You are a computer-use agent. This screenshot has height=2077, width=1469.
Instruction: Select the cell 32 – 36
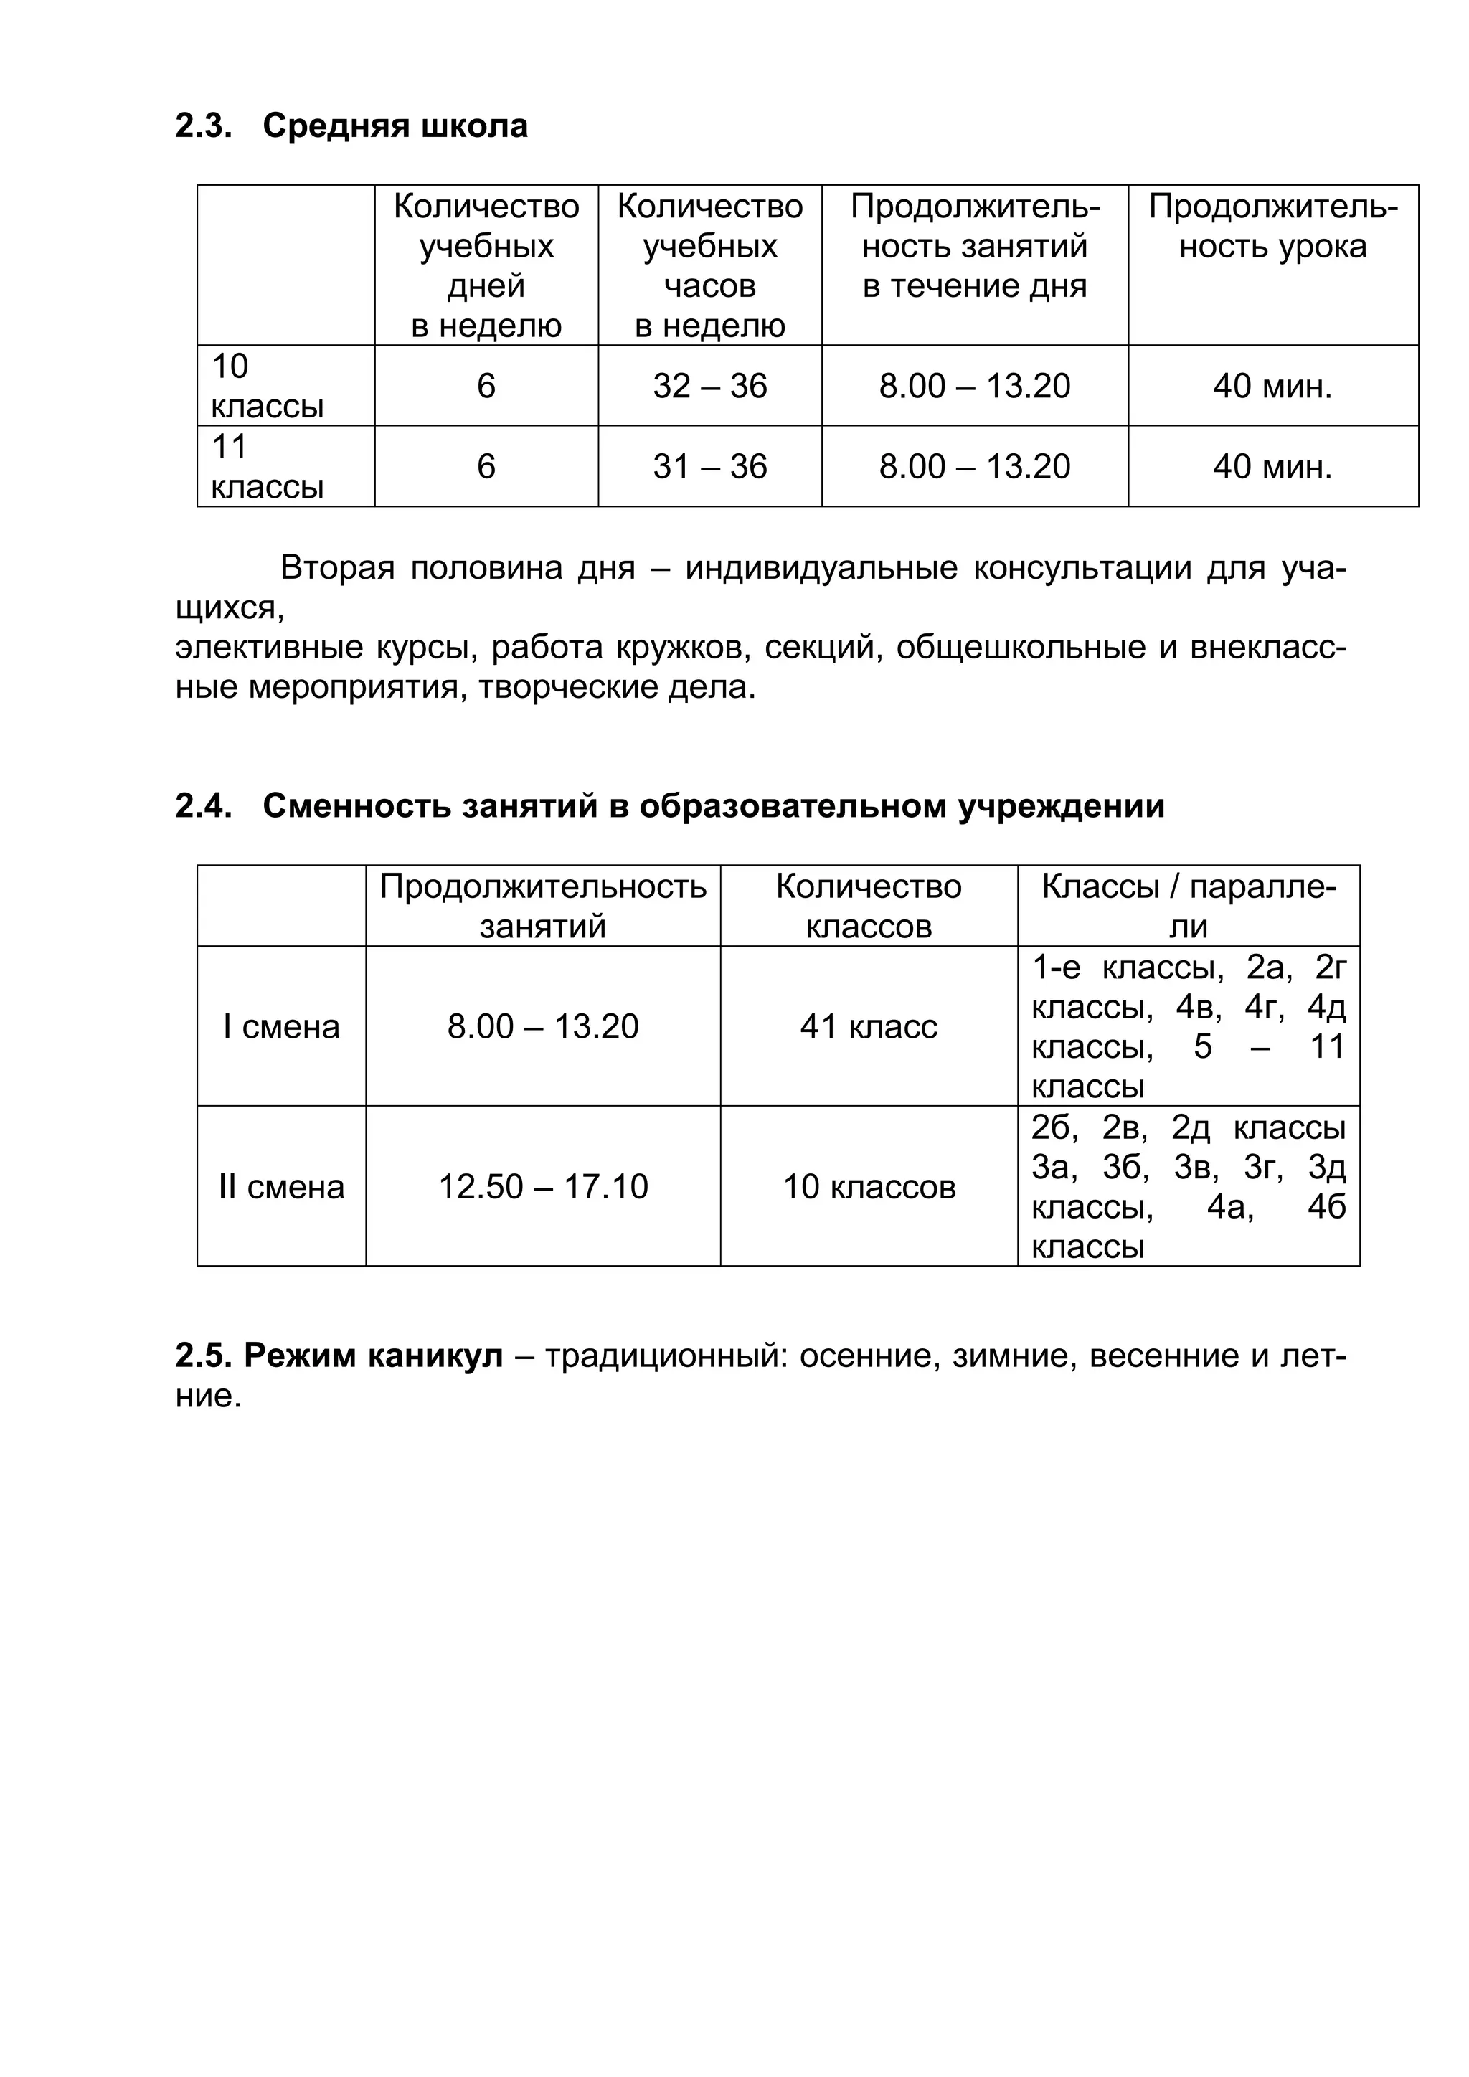709,387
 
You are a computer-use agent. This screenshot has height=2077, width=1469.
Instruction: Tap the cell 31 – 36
709,467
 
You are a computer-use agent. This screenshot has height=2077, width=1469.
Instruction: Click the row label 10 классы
267,387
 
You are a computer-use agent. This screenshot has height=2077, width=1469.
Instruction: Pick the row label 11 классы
267,467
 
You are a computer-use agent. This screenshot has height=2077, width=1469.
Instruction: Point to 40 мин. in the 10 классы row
1272,387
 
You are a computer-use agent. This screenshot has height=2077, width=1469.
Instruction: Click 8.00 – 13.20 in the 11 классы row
974,467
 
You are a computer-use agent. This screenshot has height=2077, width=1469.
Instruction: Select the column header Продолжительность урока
1272,227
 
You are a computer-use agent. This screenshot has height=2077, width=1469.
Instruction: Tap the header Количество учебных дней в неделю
486,265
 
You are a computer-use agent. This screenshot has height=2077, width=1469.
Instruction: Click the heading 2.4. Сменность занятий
669,806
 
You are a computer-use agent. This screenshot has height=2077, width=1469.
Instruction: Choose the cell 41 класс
869,1027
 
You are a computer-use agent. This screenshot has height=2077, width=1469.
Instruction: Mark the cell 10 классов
869,1187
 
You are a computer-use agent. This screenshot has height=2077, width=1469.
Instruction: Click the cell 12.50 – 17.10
543,1187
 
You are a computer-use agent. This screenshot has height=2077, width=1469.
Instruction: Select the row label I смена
281,1027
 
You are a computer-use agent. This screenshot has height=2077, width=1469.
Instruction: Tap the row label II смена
281,1187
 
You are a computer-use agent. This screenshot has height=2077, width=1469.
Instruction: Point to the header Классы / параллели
1188,907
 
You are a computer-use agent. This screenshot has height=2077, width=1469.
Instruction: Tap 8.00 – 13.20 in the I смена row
543,1027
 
